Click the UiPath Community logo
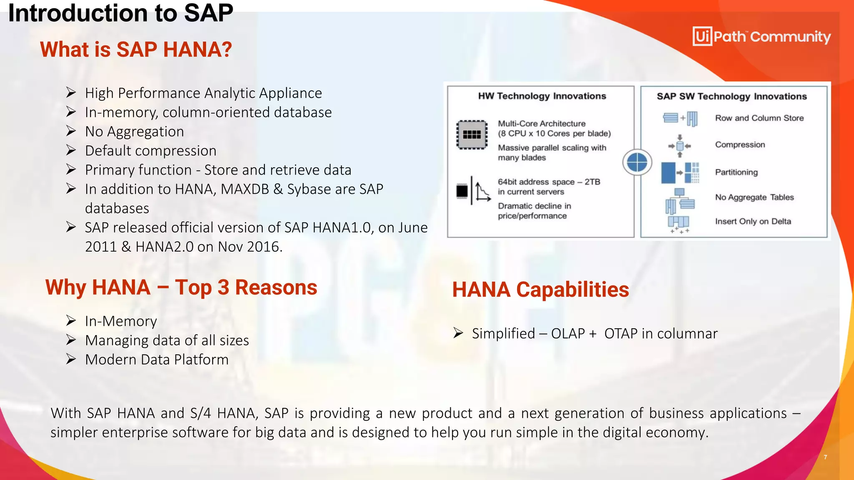[761, 37]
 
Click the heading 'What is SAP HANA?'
[136, 50]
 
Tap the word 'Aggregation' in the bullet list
[146, 132]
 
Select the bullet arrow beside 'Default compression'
[71, 150]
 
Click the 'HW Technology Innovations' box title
[542, 96]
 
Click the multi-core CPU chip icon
[472, 135]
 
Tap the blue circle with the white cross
[637, 162]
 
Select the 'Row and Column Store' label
[759, 118]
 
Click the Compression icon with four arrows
[680, 146]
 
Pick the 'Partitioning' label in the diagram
[736, 172]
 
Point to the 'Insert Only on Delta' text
[753, 221]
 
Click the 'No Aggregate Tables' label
[754, 197]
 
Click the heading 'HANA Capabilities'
[540, 290]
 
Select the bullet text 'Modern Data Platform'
[157, 360]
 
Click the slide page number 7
[825, 457]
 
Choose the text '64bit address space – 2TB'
[548, 182]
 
